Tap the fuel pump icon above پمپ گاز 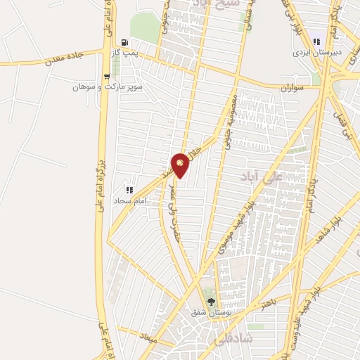pyautogui.click(x=124, y=42)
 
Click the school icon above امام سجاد pyautogui.click(x=129, y=190)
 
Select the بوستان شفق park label pyautogui.click(x=209, y=313)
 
